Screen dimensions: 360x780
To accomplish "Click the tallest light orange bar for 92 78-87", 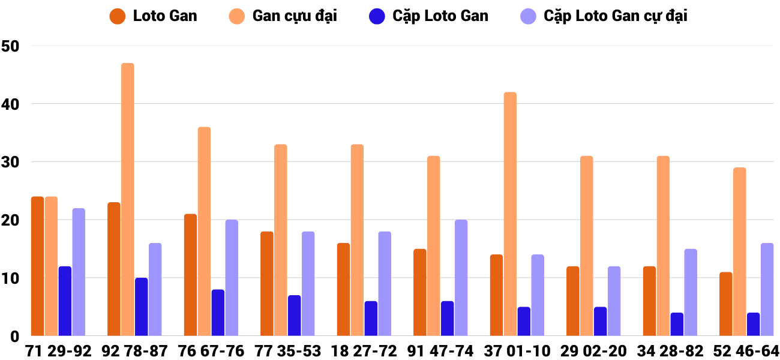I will (128, 199).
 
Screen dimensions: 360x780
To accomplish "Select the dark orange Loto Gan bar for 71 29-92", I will (37, 266).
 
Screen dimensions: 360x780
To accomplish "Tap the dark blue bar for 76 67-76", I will (218, 313).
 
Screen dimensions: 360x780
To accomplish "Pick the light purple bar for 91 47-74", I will (461, 278).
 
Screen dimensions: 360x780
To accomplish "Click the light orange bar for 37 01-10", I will (510, 214).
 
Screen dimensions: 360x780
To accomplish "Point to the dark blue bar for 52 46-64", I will (753, 324).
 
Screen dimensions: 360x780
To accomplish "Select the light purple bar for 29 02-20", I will (614, 301).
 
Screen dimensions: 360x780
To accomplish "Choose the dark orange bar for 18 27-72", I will (343, 289).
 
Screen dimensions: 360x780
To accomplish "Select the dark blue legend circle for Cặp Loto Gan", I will (377, 16).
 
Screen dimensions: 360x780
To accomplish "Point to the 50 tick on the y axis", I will (11, 46).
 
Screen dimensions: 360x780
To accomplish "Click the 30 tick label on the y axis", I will (11, 162).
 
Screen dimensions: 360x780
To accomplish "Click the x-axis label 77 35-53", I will (287, 351).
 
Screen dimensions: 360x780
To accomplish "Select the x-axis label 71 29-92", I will (58, 351).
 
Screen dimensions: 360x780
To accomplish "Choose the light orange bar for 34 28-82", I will (663, 246).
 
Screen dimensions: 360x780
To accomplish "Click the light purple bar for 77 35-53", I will (308, 283).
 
